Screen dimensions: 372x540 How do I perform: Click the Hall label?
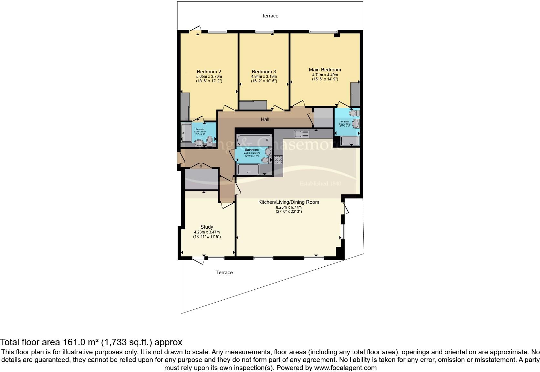click(265, 119)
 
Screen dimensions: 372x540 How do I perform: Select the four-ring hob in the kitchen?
click(278, 160)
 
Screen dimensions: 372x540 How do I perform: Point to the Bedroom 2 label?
click(209, 72)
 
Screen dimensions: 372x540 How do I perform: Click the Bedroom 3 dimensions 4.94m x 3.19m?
click(264, 77)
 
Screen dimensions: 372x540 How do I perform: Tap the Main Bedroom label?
click(325, 70)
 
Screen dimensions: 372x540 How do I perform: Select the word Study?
click(207, 227)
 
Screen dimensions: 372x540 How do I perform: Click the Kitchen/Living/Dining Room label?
click(288, 202)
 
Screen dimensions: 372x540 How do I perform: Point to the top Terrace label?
click(270, 16)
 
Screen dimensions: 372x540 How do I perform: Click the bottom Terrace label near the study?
click(224, 273)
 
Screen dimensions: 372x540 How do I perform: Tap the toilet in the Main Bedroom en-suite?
click(354, 113)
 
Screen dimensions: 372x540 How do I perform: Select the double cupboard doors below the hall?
click(201, 166)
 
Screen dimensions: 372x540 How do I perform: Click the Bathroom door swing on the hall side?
click(232, 154)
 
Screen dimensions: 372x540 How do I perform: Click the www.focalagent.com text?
click(345, 367)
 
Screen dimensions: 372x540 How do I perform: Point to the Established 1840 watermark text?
click(320, 184)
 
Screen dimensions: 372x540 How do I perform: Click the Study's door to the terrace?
click(198, 259)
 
